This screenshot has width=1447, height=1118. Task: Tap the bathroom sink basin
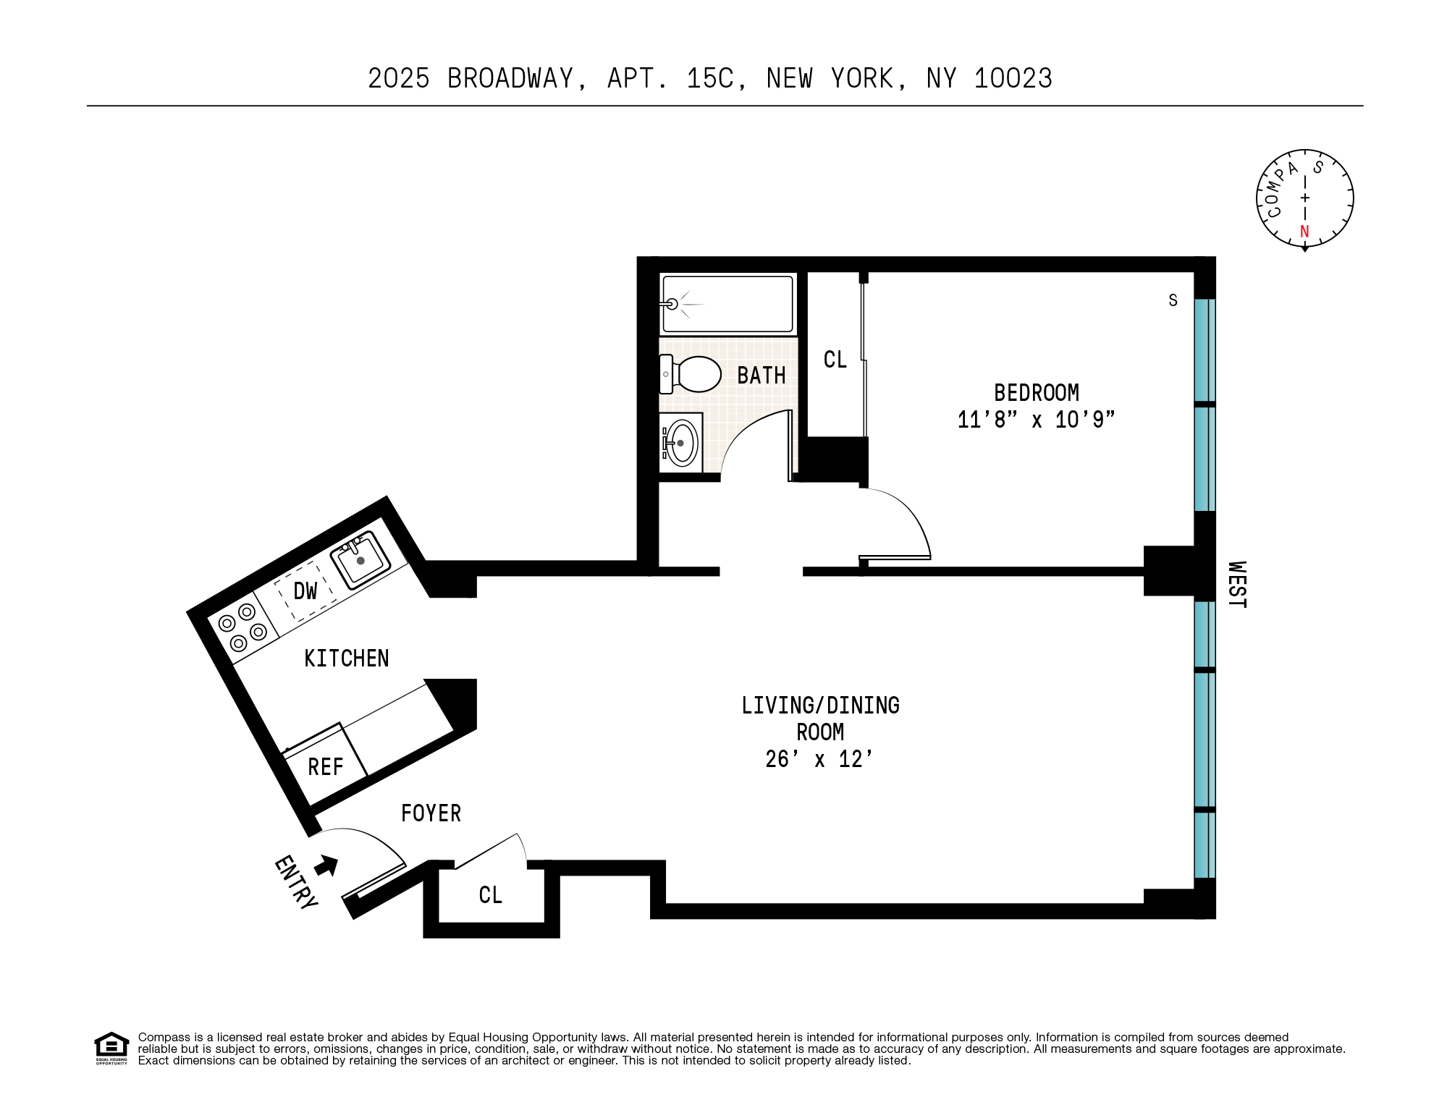click(x=681, y=443)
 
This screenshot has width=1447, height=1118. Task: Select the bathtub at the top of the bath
click(x=727, y=303)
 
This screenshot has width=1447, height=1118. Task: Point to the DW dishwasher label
click(x=305, y=590)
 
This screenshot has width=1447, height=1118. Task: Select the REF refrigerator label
click(x=325, y=767)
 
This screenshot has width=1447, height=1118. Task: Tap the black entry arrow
click(x=326, y=864)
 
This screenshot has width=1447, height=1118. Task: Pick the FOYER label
click(x=431, y=813)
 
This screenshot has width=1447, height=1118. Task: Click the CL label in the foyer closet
click(x=490, y=895)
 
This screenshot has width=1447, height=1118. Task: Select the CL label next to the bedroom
click(x=835, y=360)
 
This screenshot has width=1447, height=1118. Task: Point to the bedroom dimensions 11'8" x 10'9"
click(x=1036, y=420)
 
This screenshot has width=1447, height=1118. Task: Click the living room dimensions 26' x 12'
click(x=819, y=759)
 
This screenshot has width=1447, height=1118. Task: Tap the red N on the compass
click(x=1304, y=232)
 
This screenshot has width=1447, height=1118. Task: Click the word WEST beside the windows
click(x=1237, y=585)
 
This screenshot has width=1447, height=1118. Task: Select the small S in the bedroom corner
click(x=1173, y=300)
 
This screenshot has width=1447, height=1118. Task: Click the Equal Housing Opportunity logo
click(x=111, y=1048)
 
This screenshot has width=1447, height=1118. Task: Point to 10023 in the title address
click(x=1013, y=78)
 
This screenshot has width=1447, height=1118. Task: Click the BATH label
click(x=761, y=376)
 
